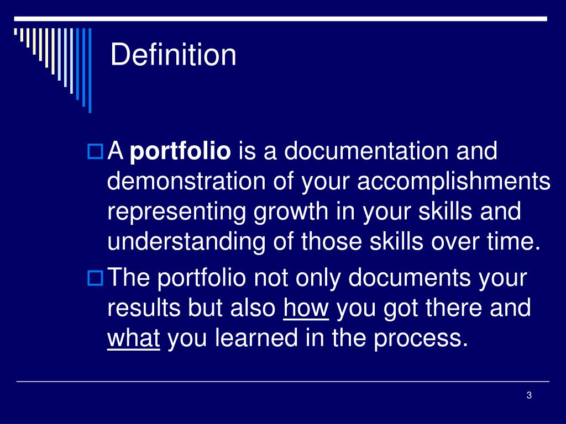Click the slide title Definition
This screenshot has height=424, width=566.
[x=173, y=55]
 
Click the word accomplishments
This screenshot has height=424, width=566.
[x=454, y=182]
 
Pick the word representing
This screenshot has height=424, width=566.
[x=177, y=213]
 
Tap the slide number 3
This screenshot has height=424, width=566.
[x=529, y=395]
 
